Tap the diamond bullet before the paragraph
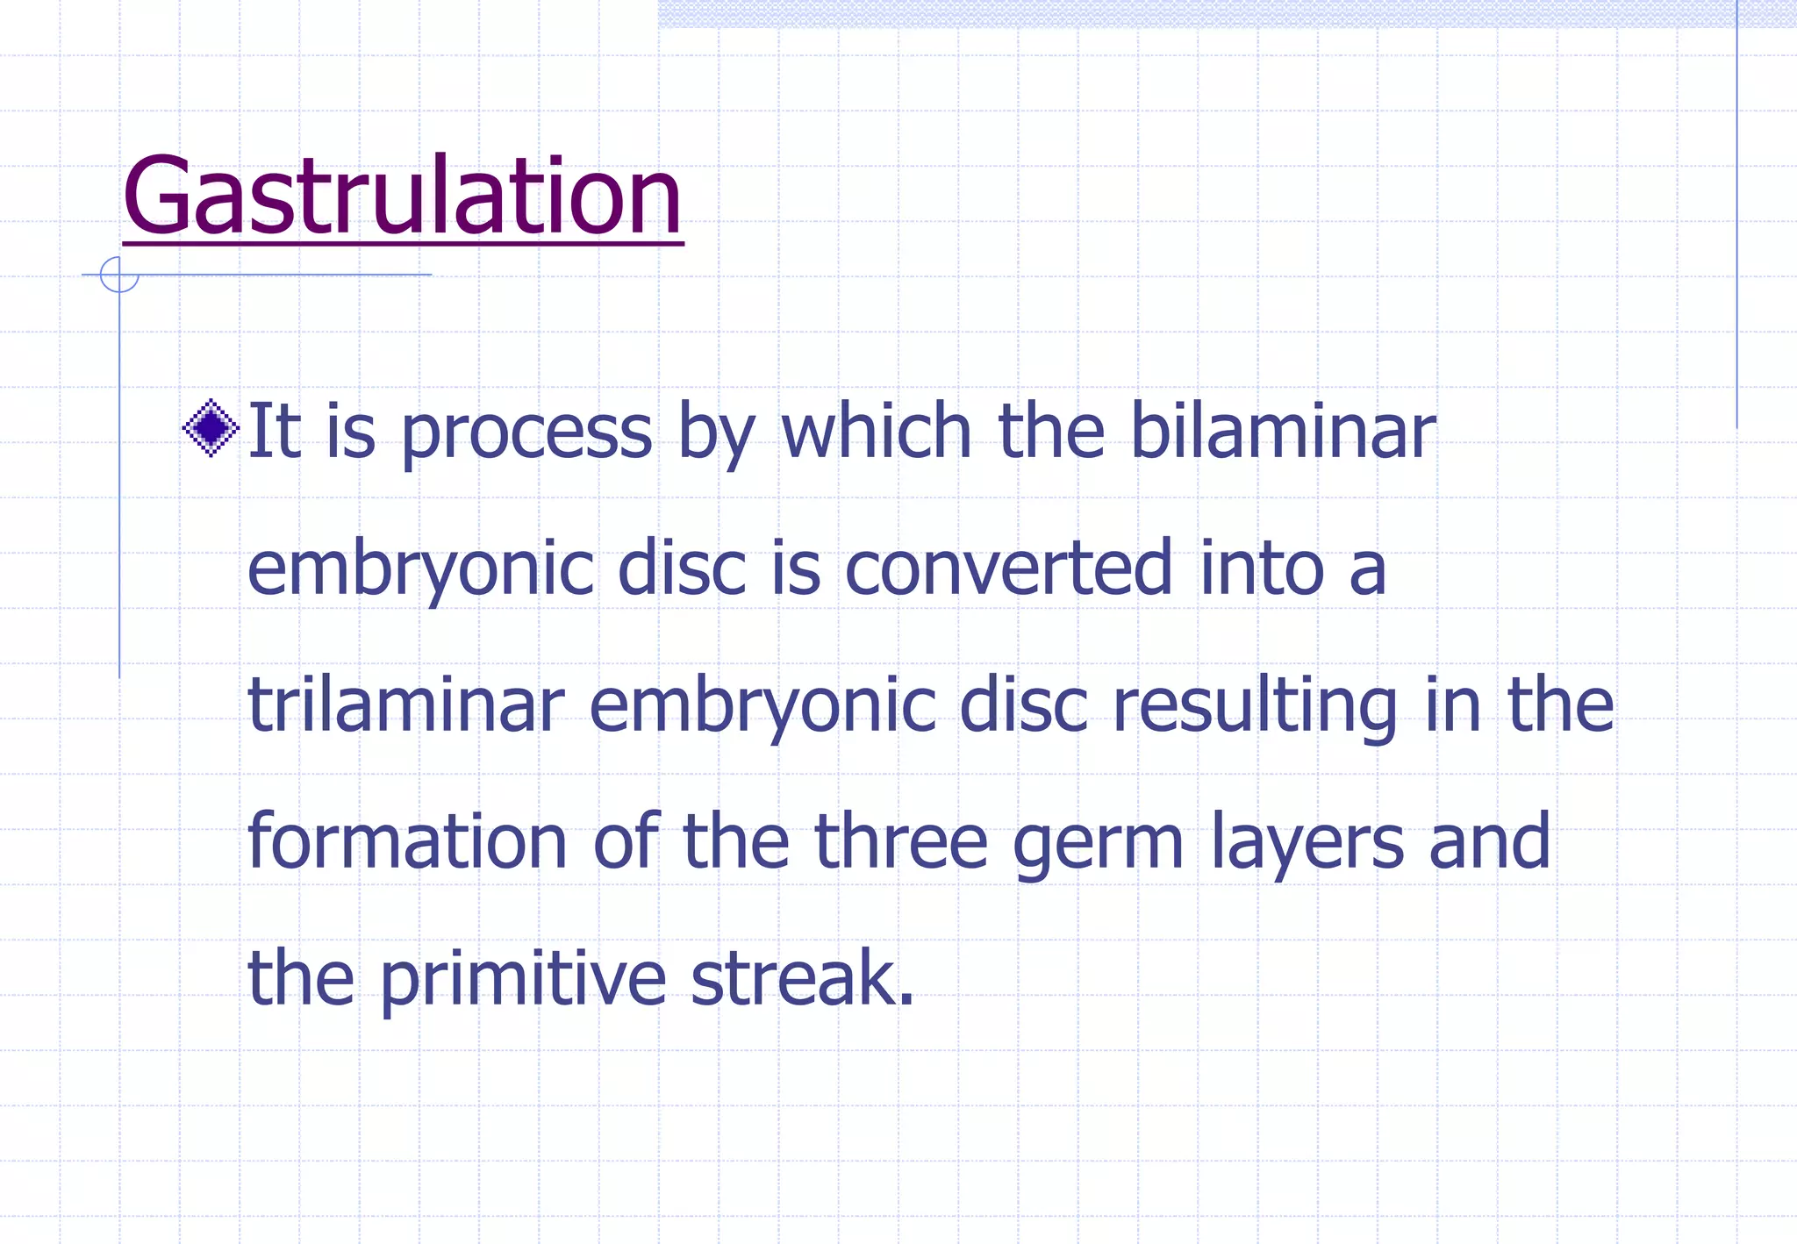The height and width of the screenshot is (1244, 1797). [211, 428]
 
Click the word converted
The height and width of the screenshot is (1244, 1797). [1008, 568]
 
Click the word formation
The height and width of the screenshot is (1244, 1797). [407, 841]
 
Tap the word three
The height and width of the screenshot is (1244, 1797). [901, 841]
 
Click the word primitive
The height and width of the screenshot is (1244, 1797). [523, 981]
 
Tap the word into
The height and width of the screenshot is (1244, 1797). [1261, 568]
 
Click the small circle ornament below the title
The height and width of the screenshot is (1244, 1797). [119, 275]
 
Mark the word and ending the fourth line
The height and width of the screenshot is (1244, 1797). [1489, 841]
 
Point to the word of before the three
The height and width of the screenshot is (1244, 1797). [626, 841]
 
